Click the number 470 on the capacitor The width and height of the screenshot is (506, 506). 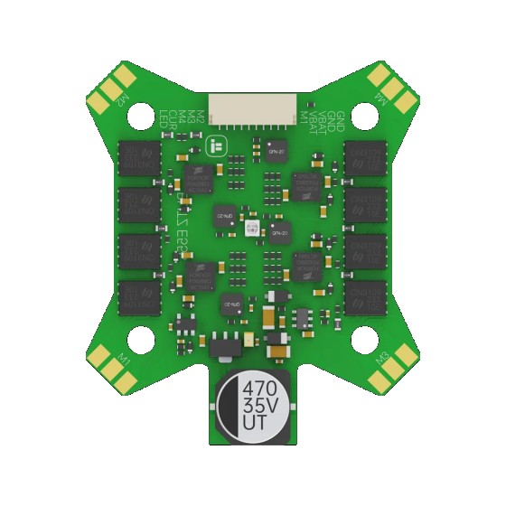[x=260, y=389]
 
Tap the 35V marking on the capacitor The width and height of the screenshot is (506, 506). [x=260, y=408]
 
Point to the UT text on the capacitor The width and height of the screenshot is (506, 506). [x=260, y=425]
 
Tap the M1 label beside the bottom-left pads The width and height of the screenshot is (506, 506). [x=125, y=363]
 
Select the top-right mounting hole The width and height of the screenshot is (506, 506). [x=363, y=115]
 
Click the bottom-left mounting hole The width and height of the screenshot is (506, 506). [x=140, y=339]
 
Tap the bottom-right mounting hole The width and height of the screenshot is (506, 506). [x=363, y=339]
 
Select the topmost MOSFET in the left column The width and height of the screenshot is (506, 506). [x=139, y=155]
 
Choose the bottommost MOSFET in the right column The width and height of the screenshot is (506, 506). [x=366, y=295]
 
